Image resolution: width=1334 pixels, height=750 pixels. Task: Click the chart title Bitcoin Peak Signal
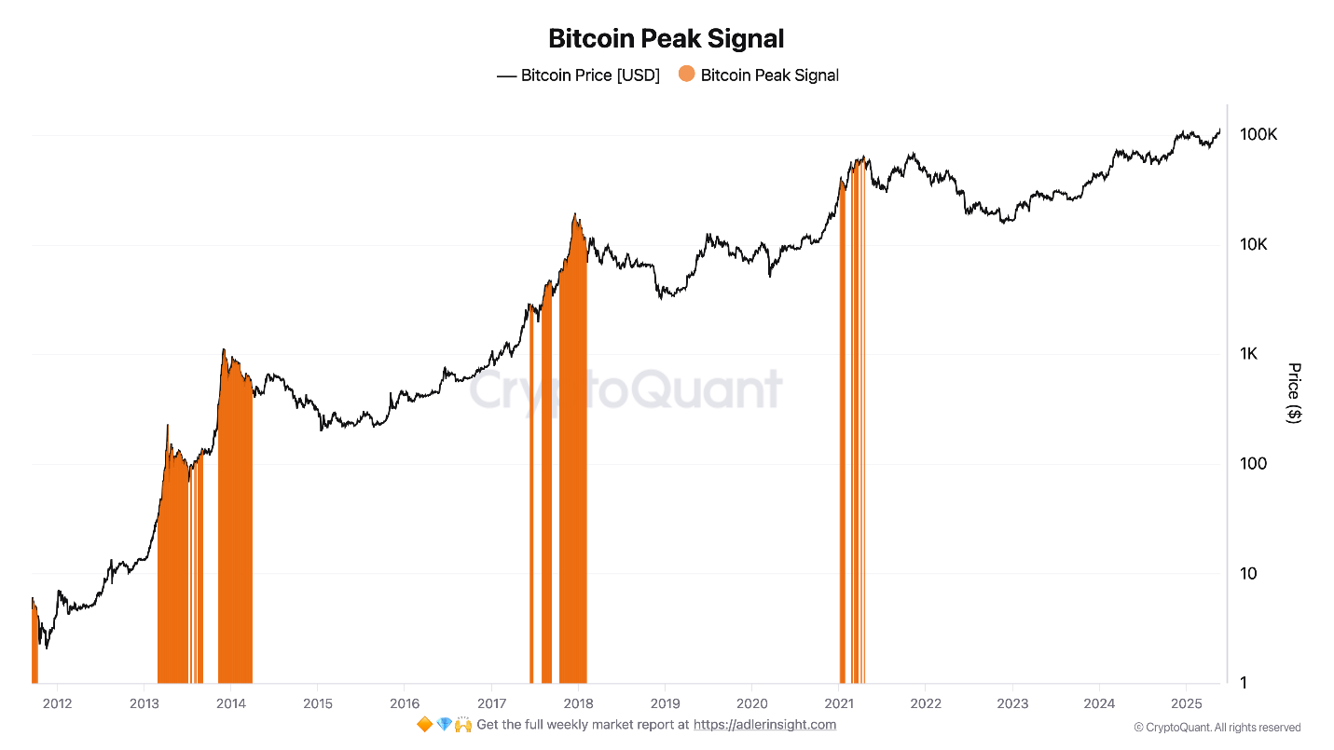click(666, 38)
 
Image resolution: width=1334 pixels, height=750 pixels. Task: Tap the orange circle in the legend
click(687, 75)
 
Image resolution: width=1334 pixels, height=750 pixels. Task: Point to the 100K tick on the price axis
click(1258, 135)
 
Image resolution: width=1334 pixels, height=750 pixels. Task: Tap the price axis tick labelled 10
click(1249, 573)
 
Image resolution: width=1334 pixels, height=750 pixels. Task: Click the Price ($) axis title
click(1294, 392)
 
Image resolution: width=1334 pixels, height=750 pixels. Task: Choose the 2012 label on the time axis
click(57, 703)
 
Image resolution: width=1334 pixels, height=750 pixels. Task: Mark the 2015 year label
click(318, 703)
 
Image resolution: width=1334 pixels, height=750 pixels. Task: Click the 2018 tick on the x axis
click(578, 703)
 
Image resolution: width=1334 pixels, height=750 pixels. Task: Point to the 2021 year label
click(839, 703)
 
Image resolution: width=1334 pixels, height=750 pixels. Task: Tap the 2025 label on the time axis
click(1186, 703)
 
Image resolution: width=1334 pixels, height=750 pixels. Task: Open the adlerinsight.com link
click(764, 725)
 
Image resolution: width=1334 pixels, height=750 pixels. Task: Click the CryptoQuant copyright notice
click(1217, 728)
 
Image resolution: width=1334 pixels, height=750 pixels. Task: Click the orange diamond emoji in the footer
click(424, 725)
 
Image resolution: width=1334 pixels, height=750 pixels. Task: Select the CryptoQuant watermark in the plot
click(625, 390)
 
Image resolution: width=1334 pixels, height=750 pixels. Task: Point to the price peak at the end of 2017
click(576, 214)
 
